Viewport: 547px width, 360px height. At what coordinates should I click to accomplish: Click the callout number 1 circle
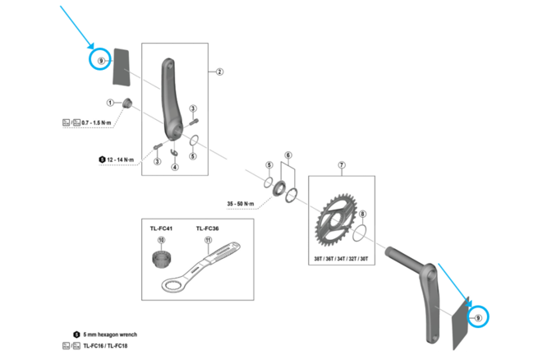(109, 102)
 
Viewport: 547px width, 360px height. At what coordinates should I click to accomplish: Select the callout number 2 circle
(220, 72)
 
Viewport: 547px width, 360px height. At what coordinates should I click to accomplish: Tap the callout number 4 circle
(174, 167)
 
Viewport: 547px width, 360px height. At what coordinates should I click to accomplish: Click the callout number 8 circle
(363, 215)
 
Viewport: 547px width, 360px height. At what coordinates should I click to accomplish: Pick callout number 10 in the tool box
(162, 242)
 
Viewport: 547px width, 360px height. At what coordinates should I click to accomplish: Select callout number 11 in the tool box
(209, 241)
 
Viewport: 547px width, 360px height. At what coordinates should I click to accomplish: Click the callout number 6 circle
(288, 155)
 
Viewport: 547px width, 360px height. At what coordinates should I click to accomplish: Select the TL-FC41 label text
(160, 228)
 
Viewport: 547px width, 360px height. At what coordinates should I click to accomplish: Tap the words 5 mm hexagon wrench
(113, 335)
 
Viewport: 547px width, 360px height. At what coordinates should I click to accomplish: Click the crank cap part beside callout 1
(127, 104)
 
